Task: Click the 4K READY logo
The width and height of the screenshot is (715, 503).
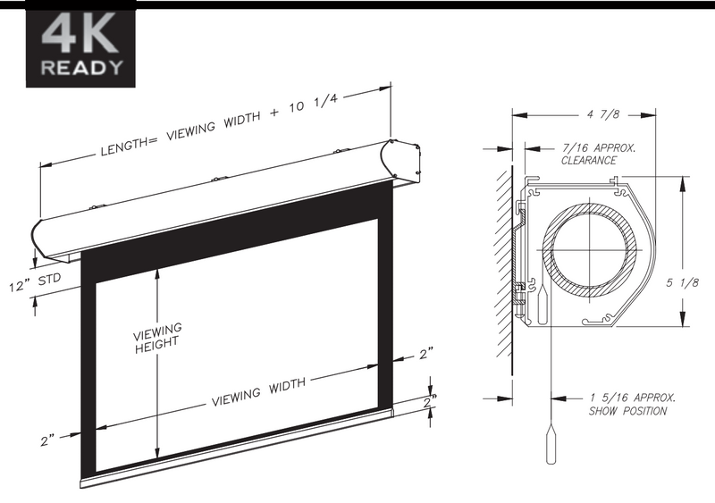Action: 80,45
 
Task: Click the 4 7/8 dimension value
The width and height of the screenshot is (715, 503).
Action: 603,114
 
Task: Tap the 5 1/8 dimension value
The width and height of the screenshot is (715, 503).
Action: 682,282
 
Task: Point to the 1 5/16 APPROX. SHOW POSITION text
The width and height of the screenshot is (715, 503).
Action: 632,405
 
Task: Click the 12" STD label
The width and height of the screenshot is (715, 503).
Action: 35,283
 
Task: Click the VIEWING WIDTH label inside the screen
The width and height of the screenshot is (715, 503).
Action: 258,391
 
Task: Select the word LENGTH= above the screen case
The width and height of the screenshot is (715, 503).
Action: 129,146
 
